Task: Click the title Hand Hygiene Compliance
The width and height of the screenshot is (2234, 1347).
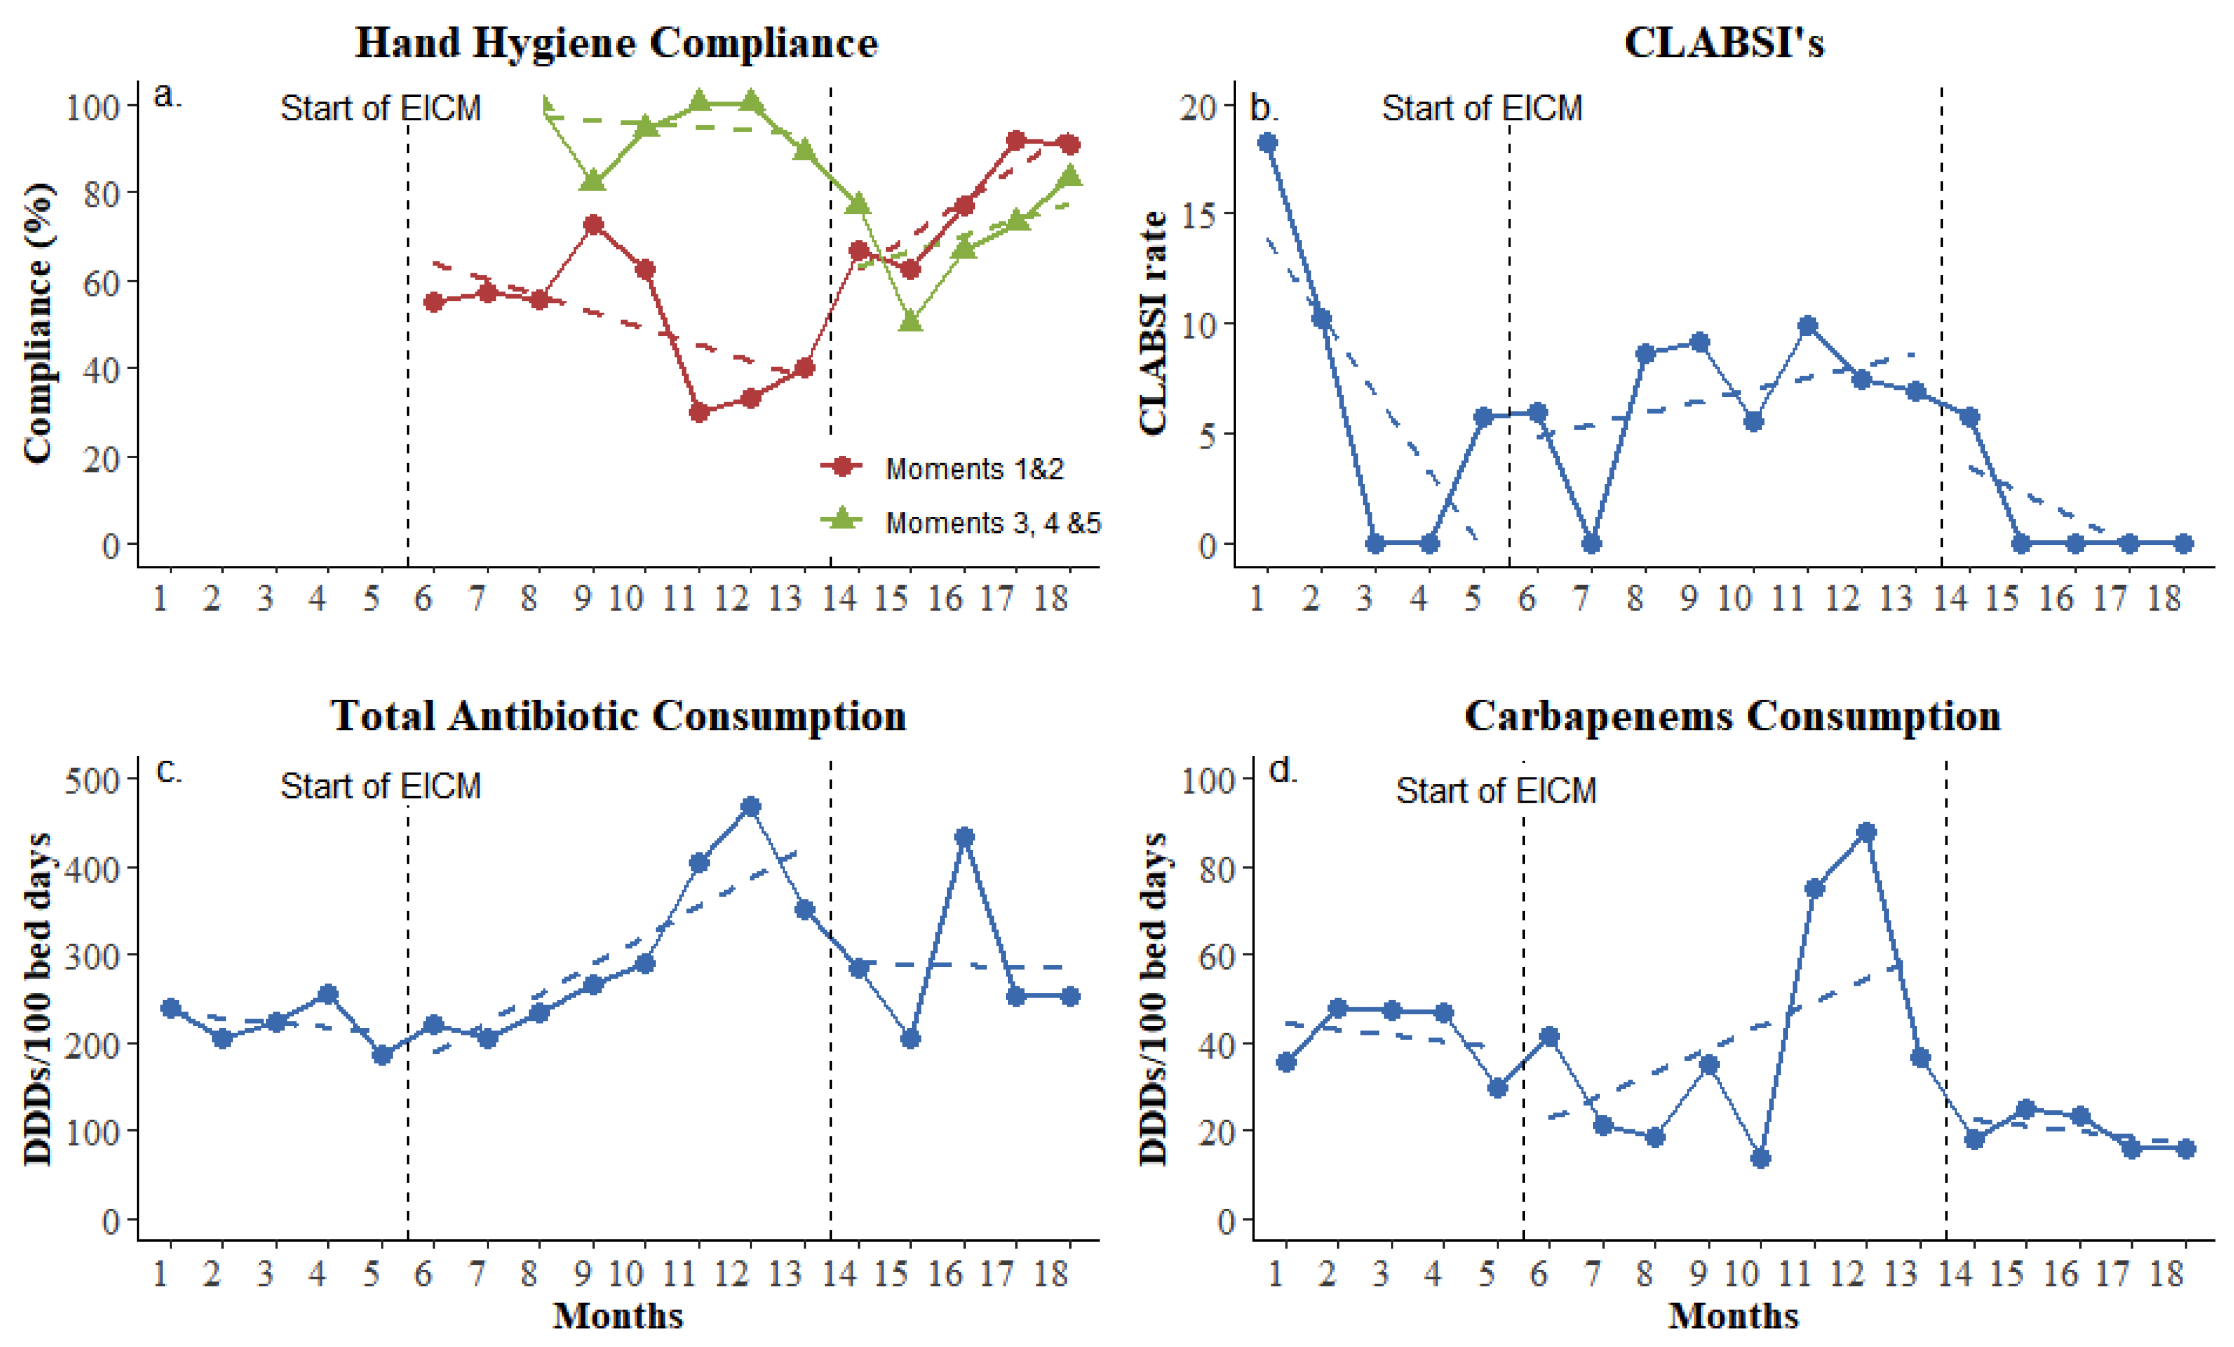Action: (616, 42)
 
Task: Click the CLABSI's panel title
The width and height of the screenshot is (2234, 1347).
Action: (1723, 42)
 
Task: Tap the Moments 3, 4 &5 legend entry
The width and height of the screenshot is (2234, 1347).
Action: (992, 523)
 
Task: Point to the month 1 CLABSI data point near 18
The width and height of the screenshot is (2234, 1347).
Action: (1268, 142)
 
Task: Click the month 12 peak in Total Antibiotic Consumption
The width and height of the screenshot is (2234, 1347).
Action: (750, 806)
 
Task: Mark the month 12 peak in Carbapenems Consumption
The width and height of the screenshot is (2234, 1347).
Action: (1866, 832)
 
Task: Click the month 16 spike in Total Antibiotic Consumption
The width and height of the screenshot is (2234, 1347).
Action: (964, 836)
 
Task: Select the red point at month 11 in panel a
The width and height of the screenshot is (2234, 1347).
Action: (698, 412)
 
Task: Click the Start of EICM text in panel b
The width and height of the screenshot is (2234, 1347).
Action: (1482, 108)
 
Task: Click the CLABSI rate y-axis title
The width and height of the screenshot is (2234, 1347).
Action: (1152, 323)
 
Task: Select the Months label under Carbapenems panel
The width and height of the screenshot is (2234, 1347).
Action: (1733, 1315)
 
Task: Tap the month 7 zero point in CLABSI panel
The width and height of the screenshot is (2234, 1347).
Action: (1591, 543)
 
